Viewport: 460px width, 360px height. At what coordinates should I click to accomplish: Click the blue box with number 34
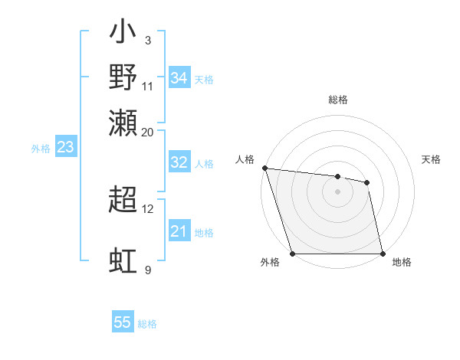[x=179, y=78]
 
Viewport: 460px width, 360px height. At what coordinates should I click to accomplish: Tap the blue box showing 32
[x=179, y=162]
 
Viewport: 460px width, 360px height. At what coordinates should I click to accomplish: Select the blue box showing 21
[x=179, y=232]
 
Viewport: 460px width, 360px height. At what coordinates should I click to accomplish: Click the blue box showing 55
[x=123, y=322]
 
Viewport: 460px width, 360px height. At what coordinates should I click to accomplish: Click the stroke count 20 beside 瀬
[x=148, y=132]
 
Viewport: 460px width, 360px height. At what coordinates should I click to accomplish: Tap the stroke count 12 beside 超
[x=148, y=208]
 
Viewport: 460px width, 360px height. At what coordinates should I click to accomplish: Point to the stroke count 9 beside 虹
[x=148, y=270]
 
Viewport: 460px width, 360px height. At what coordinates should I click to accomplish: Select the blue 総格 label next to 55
[x=147, y=324]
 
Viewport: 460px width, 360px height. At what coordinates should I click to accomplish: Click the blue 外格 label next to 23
[x=41, y=149]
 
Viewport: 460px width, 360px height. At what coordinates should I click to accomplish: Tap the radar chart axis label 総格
[x=338, y=100]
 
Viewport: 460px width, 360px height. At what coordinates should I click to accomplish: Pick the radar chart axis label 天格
[x=432, y=159]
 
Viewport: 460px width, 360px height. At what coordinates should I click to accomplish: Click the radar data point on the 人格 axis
[x=264, y=168]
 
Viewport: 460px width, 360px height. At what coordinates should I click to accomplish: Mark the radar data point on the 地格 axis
[x=383, y=253]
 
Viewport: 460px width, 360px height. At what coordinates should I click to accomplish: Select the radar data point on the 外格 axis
[x=293, y=253]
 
